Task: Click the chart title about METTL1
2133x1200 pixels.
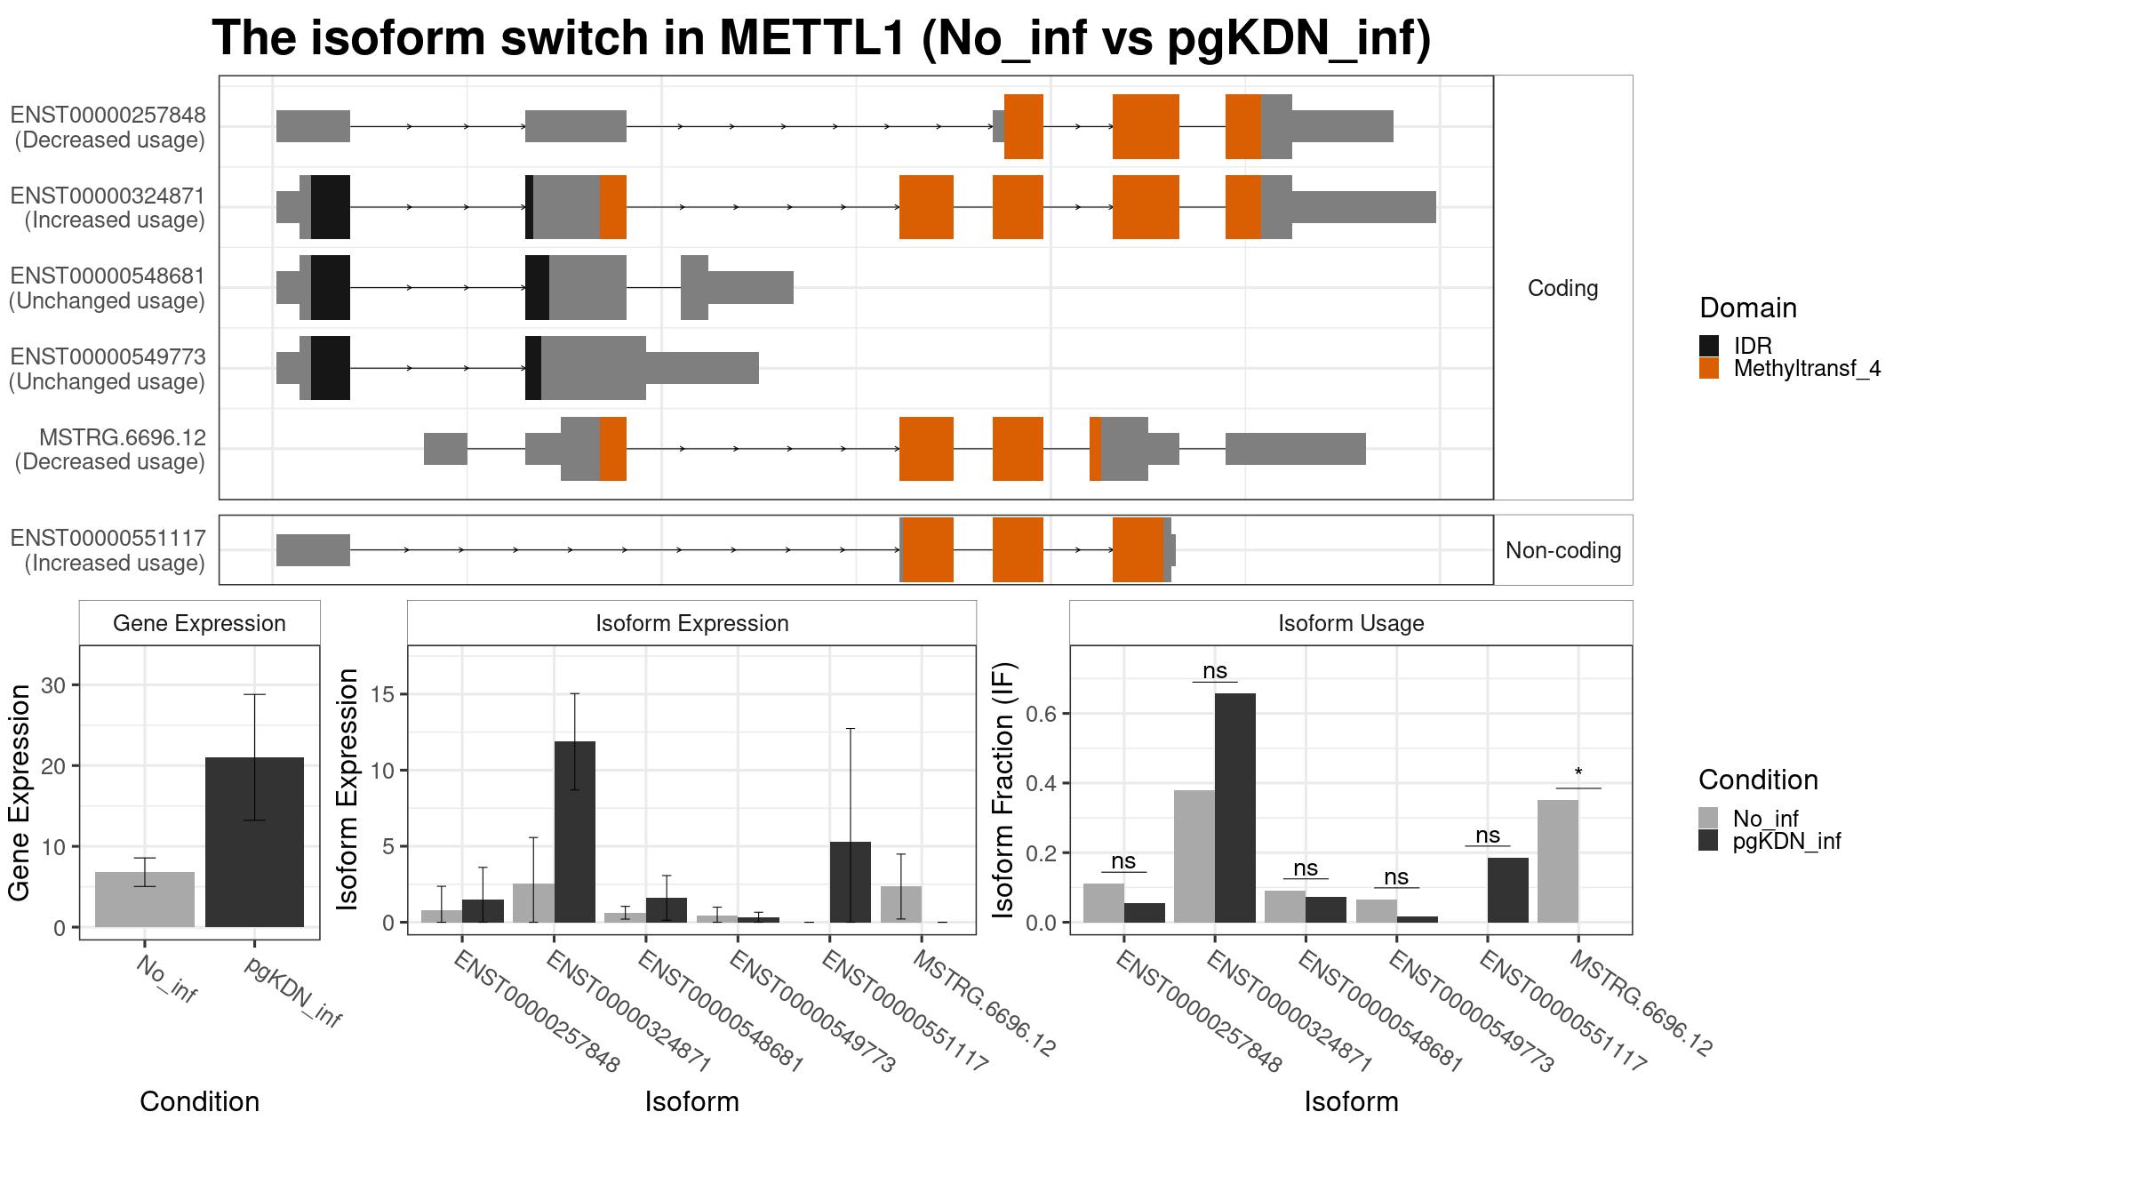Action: [821, 38]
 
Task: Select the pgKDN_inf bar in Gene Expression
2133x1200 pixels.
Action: [254, 842]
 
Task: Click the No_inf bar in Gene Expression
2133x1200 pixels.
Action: [145, 900]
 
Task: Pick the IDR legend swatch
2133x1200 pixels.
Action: [1709, 346]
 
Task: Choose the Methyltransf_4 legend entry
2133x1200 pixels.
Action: [1790, 368]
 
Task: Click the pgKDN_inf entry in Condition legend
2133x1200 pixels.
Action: [1770, 841]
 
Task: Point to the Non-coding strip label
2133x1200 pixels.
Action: [1563, 550]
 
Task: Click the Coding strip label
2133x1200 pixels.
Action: [1563, 288]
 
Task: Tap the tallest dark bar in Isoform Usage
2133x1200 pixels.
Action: [1235, 808]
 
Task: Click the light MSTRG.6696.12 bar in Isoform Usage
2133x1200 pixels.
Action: [1558, 861]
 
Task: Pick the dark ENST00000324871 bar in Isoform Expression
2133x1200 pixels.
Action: [575, 832]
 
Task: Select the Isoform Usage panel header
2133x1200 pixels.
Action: [1351, 623]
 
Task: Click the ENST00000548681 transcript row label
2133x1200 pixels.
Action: [108, 288]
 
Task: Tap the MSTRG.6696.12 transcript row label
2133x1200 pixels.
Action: [110, 449]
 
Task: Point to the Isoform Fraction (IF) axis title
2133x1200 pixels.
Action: [1003, 789]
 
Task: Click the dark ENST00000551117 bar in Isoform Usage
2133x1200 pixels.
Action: [1507, 890]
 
